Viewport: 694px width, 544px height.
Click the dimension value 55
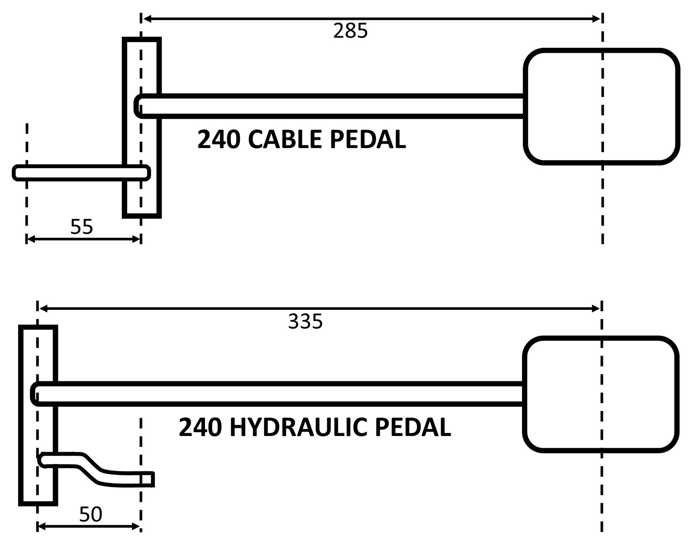pyautogui.click(x=81, y=227)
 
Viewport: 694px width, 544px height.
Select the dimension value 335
pyautogui.click(x=305, y=322)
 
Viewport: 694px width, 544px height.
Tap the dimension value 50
pyautogui.click(x=91, y=514)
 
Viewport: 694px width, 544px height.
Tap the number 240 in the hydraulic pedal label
pyautogui.click(x=200, y=428)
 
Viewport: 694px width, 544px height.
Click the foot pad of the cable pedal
pyautogui.click(x=602, y=106)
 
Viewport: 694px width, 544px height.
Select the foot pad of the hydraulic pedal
pyautogui.click(x=601, y=394)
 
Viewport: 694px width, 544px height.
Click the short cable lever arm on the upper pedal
pyautogui.click(x=71, y=173)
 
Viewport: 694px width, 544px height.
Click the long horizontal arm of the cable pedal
pyautogui.click(x=332, y=106)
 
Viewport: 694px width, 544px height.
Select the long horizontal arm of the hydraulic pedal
pyautogui.click(x=286, y=394)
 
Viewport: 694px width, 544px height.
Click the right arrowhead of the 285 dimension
pyautogui.click(x=597, y=18)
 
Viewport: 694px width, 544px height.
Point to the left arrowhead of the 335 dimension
pyautogui.click(x=42, y=309)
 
